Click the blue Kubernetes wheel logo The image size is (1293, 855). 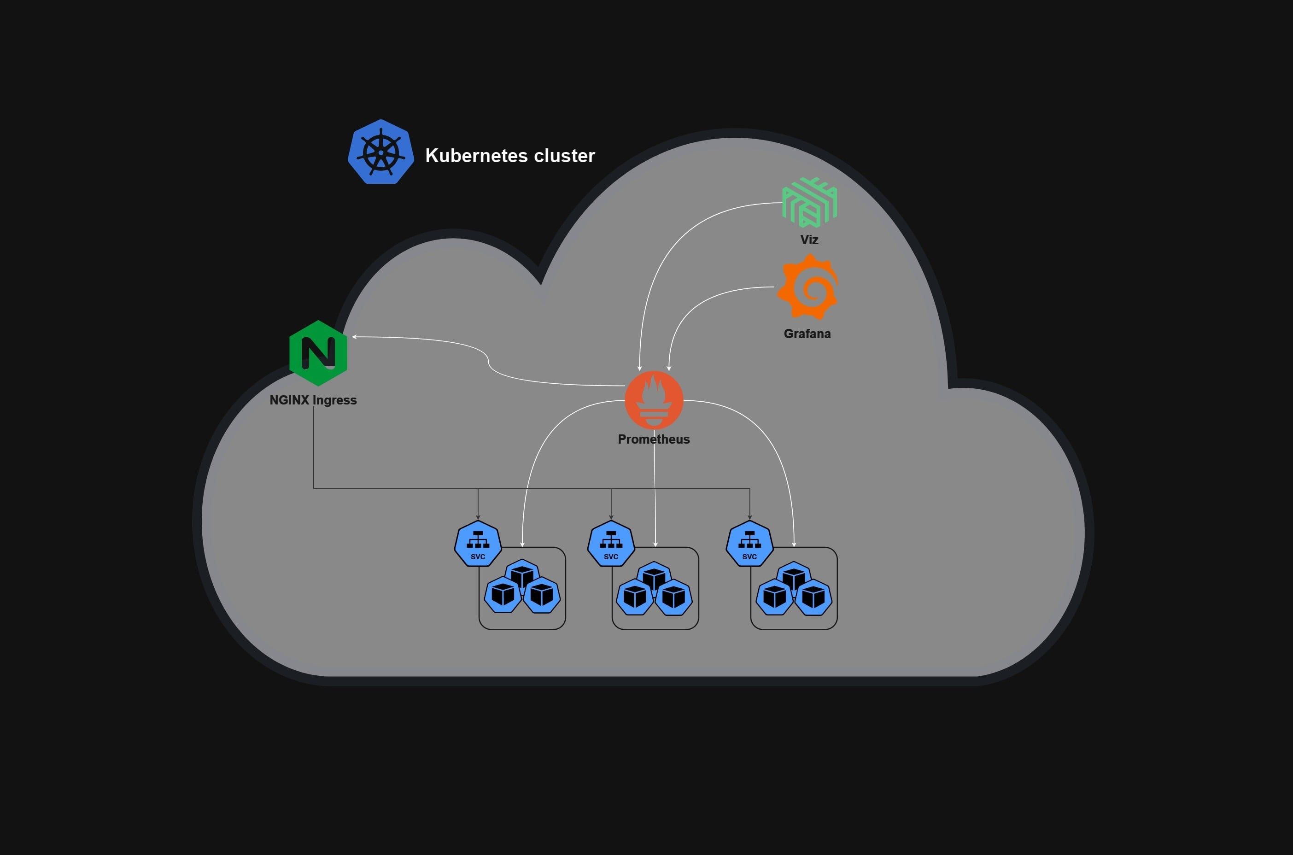[380, 152]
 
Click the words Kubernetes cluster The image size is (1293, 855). [509, 156]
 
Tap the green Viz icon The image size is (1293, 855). [809, 202]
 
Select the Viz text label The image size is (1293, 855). [809, 240]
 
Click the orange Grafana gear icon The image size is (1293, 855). [808, 287]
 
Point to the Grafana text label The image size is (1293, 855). [807, 334]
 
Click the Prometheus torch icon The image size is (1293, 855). [654, 401]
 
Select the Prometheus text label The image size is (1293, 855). [654, 439]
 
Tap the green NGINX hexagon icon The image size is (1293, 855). [318, 353]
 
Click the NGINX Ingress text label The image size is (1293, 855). [313, 400]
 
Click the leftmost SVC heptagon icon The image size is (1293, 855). [478, 544]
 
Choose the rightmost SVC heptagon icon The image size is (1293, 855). [749, 544]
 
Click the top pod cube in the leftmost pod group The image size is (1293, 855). [522, 575]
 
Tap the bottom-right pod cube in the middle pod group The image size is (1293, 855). [674, 597]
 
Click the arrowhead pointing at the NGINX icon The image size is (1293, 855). [355, 337]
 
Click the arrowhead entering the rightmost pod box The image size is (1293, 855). [794, 544]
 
